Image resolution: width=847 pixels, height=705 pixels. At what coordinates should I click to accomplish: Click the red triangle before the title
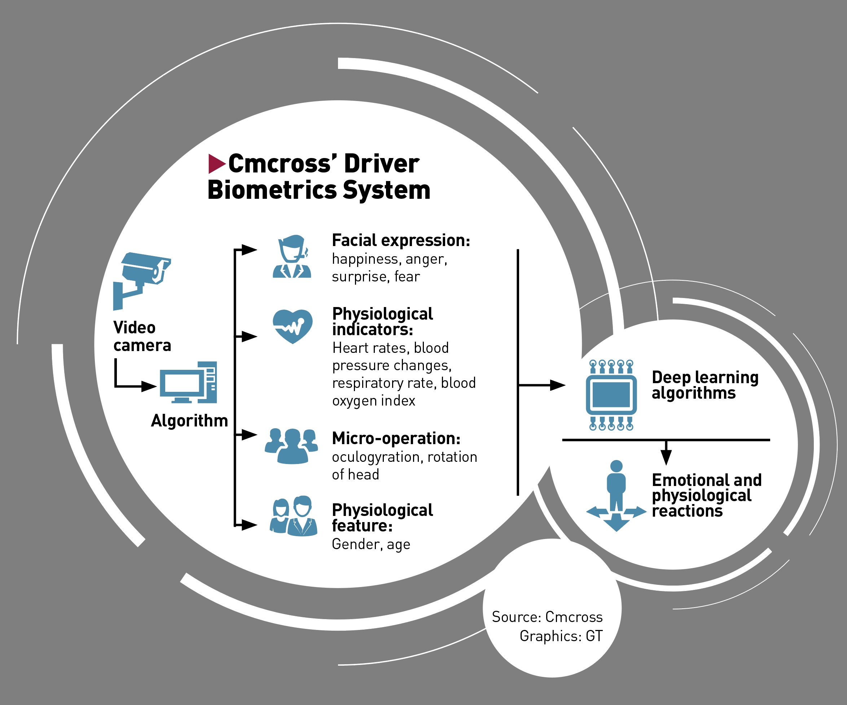pos(216,164)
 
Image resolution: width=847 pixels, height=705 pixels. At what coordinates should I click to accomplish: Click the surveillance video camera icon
pos(142,278)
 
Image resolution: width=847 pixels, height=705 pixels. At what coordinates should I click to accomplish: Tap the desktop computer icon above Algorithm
pos(188,382)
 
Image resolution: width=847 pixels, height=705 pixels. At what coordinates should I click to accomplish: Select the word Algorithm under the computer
pos(189,421)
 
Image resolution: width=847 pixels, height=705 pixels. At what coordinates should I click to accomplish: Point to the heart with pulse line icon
pos(293,326)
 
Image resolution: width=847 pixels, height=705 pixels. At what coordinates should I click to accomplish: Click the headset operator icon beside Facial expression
pos(292,257)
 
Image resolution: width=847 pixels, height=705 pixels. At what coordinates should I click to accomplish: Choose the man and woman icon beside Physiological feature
pos(294,516)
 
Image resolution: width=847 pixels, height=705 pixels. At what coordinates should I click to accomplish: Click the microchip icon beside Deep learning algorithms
pos(611,395)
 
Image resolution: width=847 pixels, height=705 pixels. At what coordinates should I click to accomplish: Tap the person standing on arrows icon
pos(616,496)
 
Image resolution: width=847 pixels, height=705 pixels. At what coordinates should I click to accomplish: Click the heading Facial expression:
pos(401,240)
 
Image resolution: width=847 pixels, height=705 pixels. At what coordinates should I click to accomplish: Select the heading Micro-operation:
pos(396,438)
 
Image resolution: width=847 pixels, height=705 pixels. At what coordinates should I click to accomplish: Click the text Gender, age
pos(371,544)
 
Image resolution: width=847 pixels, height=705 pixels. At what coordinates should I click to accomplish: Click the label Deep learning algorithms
pos(705,385)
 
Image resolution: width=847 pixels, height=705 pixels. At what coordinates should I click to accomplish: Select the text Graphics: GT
pos(561,636)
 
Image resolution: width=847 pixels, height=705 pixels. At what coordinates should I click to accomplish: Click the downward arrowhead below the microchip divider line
pos(666,457)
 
